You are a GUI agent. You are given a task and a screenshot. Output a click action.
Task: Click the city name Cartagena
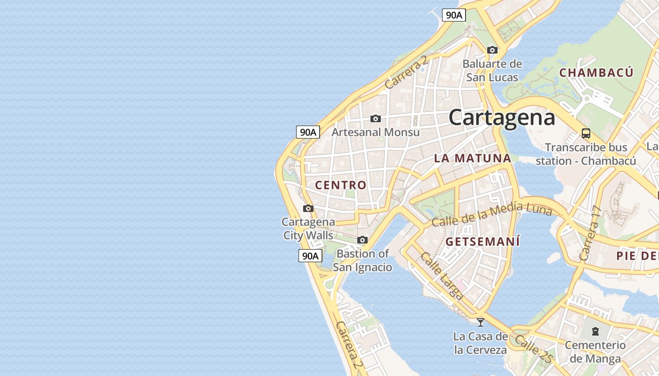(502, 117)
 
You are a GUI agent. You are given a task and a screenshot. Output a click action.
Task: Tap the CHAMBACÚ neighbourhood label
(596, 73)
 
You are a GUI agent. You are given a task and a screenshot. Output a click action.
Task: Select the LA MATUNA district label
(472, 158)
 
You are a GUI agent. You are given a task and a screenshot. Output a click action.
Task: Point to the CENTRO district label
(340, 185)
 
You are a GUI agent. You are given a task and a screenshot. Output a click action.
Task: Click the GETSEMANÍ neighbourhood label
(482, 242)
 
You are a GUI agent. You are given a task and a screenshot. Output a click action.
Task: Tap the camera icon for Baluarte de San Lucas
(492, 50)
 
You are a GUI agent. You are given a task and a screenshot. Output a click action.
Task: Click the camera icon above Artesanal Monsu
(375, 118)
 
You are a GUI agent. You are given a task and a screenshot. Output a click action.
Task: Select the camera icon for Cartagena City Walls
(308, 208)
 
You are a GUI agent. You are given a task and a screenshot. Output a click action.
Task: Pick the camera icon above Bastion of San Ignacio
(362, 240)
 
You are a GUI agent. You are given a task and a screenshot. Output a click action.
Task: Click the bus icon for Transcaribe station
(586, 133)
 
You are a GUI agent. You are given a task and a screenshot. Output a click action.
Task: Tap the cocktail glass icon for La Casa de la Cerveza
(480, 322)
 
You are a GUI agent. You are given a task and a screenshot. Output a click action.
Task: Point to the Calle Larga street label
(442, 276)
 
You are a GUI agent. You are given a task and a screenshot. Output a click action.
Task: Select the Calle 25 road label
(534, 349)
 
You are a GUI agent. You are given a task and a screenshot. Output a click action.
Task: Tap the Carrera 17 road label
(591, 234)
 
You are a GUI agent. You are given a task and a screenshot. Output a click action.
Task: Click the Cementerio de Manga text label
(595, 352)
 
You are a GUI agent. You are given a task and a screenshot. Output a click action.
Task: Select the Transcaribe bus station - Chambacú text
(586, 154)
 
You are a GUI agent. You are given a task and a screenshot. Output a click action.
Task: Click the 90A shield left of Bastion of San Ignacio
(310, 256)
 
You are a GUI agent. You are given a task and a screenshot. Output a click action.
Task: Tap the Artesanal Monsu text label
(375, 132)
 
